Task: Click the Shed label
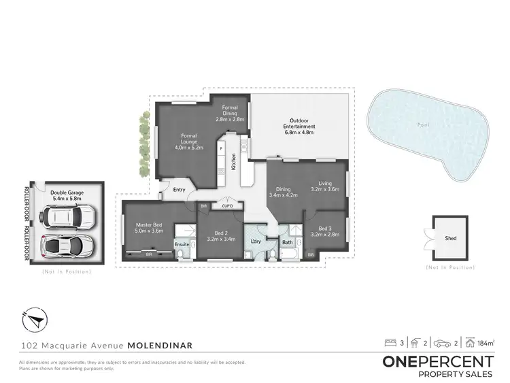click(x=451, y=239)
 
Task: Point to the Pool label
click(x=424, y=124)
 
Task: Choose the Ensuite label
click(x=182, y=243)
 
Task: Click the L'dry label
click(x=256, y=242)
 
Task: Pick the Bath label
click(x=288, y=242)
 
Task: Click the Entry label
click(x=180, y=190)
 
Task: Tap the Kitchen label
click(x=233, y=161)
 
